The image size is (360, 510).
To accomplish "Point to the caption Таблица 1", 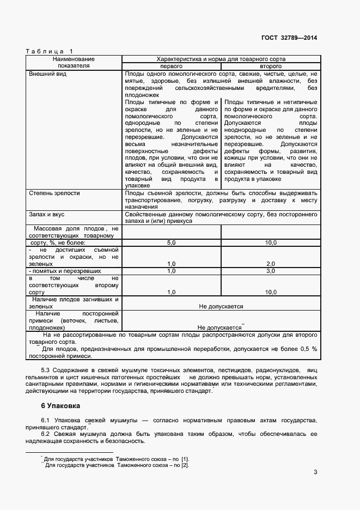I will [x=49, y=51].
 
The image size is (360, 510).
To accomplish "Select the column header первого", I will [x=171, y=65].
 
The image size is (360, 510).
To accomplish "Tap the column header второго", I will [x=271, y=65].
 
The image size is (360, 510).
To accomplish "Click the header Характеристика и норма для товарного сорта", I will [x=221, y=58].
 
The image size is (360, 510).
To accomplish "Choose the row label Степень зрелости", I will [x=54, y=193].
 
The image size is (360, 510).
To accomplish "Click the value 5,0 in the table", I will [x=171, y=242].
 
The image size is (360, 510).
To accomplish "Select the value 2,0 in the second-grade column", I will [x=271, y=264].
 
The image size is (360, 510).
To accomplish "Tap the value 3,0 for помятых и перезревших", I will [x=271, y=271].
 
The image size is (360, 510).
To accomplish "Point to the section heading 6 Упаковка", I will [x=60, y=406].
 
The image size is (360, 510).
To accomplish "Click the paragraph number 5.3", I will [x=46, y=370].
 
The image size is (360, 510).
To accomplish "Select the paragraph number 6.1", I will [x=46, y=420].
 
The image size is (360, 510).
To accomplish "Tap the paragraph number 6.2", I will [x=46, y=434].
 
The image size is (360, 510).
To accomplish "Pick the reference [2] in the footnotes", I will [x=185, y=465].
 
